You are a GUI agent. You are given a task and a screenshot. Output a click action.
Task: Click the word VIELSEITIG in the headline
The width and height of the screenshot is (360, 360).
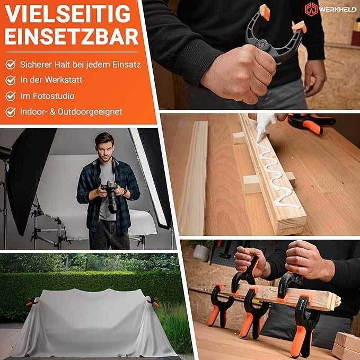pos(67,14)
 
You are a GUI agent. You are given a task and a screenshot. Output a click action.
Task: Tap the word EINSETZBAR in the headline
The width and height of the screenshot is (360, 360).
pos(72,37)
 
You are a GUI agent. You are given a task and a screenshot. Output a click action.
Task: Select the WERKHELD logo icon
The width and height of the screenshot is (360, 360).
pos(311,9)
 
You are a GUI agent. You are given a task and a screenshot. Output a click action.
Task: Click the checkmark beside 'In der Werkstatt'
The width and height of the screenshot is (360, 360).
pos(11,81)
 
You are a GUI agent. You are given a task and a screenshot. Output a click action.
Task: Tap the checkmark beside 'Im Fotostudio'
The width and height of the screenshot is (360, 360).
pos(11,96)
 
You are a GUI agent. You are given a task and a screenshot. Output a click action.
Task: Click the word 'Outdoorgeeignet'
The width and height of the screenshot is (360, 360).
pos(90,112)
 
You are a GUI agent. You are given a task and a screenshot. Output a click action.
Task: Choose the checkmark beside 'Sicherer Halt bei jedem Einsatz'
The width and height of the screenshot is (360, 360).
pos(11,65)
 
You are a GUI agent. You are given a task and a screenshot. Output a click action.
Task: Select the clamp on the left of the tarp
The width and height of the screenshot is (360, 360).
pos(32,301)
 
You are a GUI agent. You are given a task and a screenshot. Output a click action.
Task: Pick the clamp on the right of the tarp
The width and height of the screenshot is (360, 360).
pos(153,301)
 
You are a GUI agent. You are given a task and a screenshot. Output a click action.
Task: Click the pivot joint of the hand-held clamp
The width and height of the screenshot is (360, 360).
pos(262,43)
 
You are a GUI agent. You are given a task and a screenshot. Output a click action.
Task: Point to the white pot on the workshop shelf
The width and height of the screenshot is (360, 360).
pos(201,252)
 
